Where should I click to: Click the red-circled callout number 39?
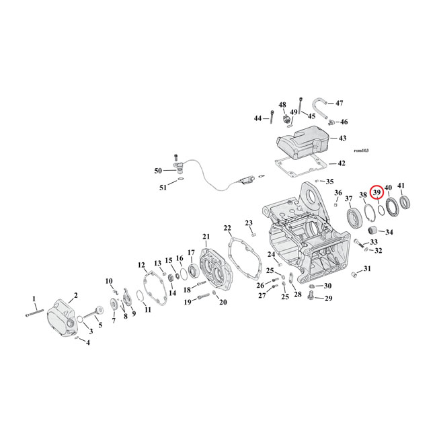(377, 192)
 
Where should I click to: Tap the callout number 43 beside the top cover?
(342, 138)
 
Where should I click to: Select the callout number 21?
(206, 236)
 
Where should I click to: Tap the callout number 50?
(159, 171)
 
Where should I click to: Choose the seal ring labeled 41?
(405, 202)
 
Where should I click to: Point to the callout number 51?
(163, 188)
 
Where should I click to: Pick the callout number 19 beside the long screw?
(189, 302)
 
